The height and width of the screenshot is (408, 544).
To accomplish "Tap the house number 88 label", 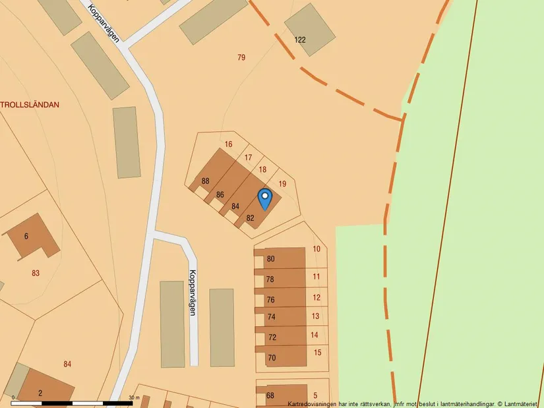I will point(206,181).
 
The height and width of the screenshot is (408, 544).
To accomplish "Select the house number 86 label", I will point(220,194).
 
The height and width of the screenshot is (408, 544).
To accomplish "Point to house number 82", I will point(251,218).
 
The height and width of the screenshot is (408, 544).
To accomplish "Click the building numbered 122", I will point(300,40).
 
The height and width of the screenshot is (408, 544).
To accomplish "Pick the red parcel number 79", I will point(241,57).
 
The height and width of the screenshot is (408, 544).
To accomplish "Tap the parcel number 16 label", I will point(229,144).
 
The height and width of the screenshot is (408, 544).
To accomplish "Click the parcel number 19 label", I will point(283,184).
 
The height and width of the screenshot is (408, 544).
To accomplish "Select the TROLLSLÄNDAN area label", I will point(30,104).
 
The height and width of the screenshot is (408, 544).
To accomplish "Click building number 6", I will point(26,236).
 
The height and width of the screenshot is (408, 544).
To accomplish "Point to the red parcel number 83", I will point(36,273).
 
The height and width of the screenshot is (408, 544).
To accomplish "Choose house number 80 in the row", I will point(270,259).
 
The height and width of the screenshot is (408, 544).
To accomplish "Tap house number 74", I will point(271,317).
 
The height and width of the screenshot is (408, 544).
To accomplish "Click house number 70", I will point(272,359).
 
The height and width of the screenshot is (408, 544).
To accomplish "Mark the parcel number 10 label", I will point(317,249).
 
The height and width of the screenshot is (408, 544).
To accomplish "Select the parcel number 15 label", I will point(317,353).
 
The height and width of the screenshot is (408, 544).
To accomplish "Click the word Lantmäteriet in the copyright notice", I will point(522,403).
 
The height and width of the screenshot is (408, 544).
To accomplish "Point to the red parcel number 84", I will point(67,364).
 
